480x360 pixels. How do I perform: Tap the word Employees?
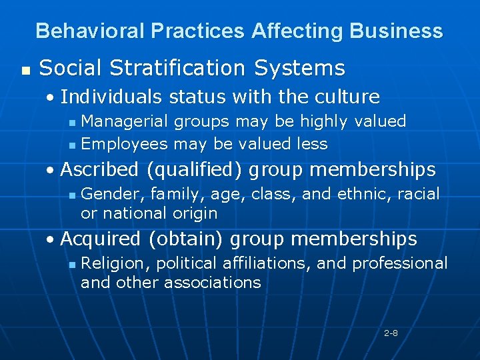click(124, 143)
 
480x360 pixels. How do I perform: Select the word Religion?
click(113, 263)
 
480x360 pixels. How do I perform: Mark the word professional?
click(400, 263)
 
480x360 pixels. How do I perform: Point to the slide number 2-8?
click(391, 332)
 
